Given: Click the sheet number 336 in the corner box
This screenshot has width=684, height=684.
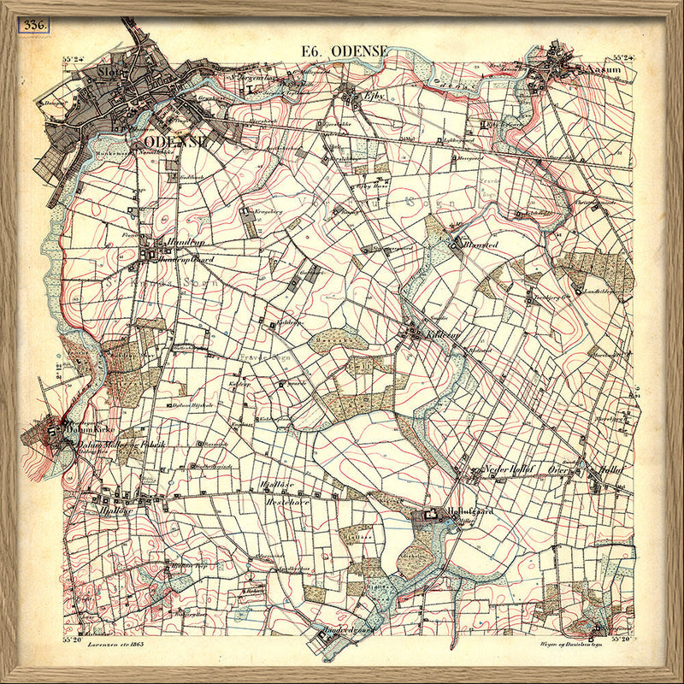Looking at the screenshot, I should [x=35, y=24].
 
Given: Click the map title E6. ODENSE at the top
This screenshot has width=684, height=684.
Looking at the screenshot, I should [x=345, y=51].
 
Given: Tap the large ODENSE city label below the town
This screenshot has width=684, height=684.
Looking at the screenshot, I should [x=176, y=141].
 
